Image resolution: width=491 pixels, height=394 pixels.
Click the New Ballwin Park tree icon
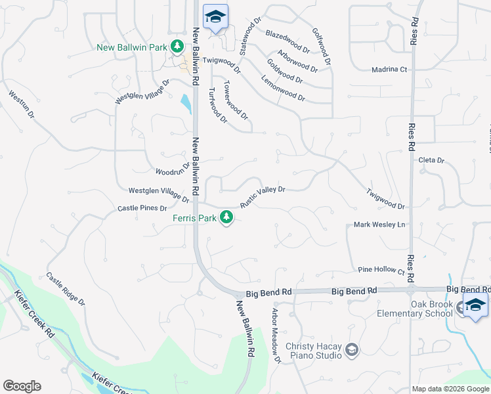pyautogui.click(x=177, y=47)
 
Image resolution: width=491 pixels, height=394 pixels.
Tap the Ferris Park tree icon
pyautogui.click(x=227, y=217)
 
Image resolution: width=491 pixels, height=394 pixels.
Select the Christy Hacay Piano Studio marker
pyautogui.click(x=352, y=349)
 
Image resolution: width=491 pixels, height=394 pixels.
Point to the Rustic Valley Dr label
pyautogui.click(x=262, y=196)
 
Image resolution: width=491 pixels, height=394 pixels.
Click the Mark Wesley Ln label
pyautogui.click(x=380, y=225)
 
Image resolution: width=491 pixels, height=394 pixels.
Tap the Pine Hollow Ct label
pyautogui.click(x=381, y=270)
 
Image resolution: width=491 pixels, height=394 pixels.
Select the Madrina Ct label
pyautogui.click(x=389, y=69)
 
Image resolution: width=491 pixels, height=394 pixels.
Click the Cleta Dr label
pyautogui.click(x=431, y=160)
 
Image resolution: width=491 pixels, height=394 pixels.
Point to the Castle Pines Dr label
pyautogui.click(x=142, y=208)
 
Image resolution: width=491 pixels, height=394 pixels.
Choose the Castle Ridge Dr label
pyautogui.click(x=66, y=290)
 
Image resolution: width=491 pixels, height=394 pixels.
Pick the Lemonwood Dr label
pyautogui.click(x=283, y=87)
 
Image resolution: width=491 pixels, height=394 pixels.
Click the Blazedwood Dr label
pyautogui.click(x=288, y=41)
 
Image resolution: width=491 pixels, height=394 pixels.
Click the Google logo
pyautogui.click(x=22, y=386)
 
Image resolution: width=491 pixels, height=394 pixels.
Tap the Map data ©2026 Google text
pyautogui.click(x=450, y=389)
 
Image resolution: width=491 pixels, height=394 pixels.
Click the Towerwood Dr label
pyautogui.click(x=236, y=100)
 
